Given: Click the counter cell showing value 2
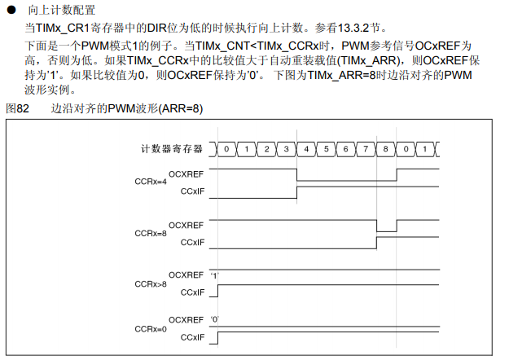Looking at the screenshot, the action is coord(267,149).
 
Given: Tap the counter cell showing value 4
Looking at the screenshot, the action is coord(307,149).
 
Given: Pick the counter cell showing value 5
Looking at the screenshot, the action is coord(327,149).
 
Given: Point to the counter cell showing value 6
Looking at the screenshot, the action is coord(346,149).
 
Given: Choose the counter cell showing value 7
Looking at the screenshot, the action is coord(366,149).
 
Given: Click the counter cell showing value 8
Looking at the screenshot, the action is coord(386,149).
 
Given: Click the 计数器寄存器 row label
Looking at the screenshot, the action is coord(170,149).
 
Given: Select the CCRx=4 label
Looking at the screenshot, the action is coord(151,182).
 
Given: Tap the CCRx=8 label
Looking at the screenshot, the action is coord(151,233).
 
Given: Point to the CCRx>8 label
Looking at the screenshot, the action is coord(151,283).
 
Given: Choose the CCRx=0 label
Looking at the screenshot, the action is coord(151,328).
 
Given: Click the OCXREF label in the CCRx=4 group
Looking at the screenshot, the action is coord(186,174).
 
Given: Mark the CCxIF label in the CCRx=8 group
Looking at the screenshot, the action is coord(192,242).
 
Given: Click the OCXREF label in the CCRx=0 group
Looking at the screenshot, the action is coord(186,320).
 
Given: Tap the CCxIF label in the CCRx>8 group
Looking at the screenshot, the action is coord(192,292).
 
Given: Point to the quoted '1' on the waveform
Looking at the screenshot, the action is coord(215,275).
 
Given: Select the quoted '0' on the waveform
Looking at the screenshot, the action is coord(215,320).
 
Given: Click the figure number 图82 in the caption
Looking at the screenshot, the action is coord(18,108).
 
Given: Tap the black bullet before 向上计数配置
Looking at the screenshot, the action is coord(12,11).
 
